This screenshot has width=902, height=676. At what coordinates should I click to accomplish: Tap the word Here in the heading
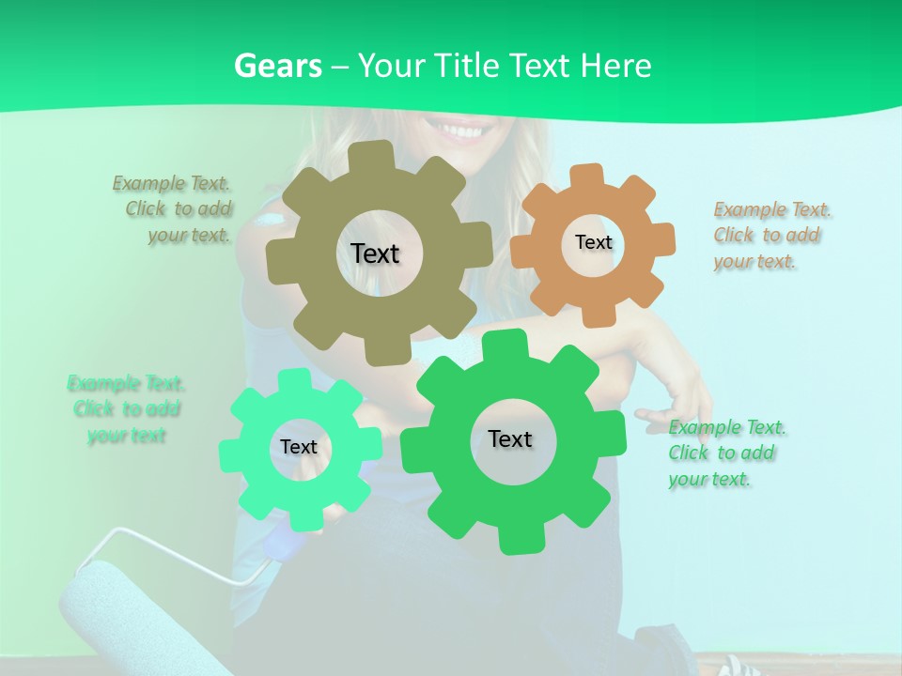coord(615,66)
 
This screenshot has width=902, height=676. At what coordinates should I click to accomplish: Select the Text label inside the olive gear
coord(375,253)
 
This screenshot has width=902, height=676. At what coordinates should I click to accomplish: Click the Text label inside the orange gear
coord(593,242)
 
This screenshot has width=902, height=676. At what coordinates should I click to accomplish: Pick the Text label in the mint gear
coord(299,448)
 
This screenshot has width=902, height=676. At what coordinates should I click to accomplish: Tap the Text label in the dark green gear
coord(510,439)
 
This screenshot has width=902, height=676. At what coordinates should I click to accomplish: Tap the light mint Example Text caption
coord(126,409)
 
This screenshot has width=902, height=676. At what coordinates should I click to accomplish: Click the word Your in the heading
coord(393,66)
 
